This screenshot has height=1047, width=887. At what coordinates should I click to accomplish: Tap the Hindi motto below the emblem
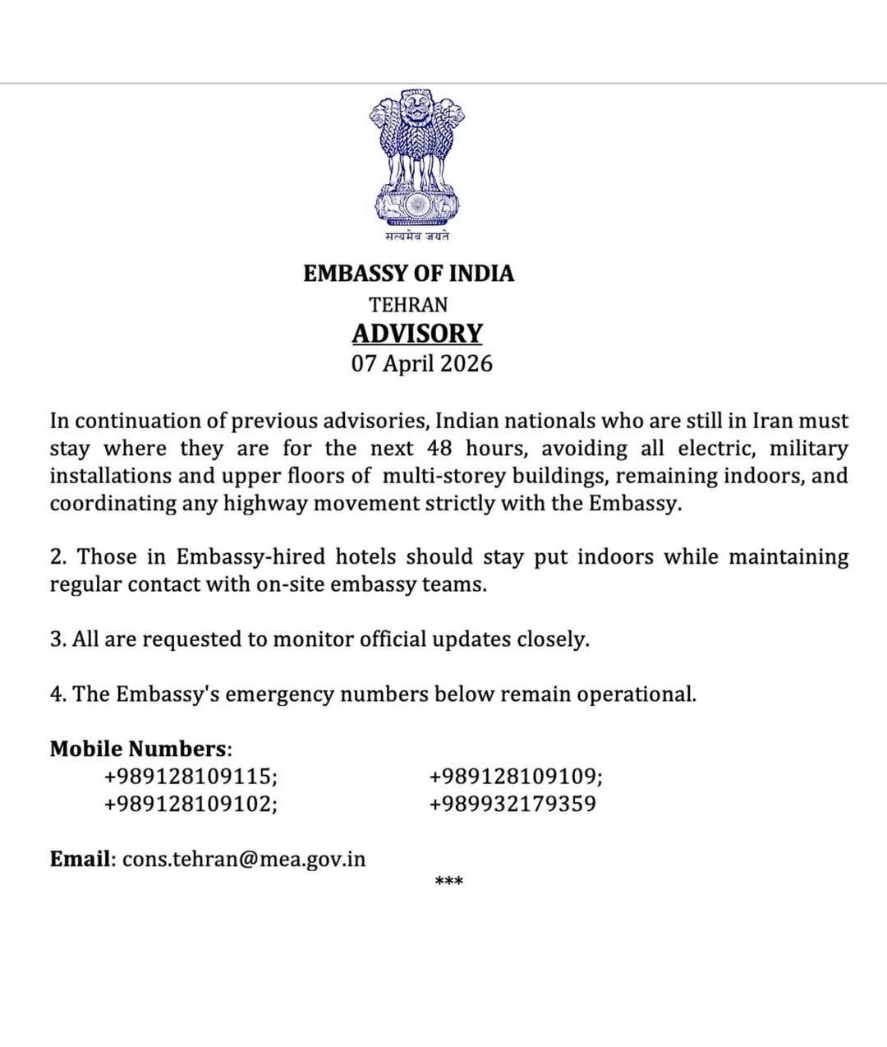417,237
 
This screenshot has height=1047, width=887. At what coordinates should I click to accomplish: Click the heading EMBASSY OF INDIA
408,274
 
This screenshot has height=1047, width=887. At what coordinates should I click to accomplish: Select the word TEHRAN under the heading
408,305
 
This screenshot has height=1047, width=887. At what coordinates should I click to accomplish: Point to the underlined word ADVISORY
417,334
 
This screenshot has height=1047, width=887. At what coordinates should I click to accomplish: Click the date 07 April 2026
422,363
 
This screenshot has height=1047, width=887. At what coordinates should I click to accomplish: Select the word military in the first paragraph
808,449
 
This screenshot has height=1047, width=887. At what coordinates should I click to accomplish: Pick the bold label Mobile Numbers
137,749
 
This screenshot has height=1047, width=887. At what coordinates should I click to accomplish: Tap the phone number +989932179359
512,804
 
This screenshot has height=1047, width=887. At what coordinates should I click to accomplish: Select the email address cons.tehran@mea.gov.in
244,860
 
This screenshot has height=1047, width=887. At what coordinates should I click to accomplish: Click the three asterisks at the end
448,883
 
